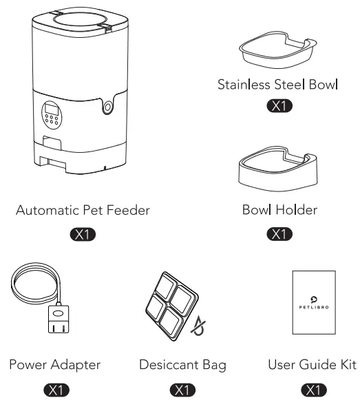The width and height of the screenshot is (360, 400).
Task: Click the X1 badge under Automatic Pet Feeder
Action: coord(82,237)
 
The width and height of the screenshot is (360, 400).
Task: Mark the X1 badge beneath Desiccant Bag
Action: coord(182,390)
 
